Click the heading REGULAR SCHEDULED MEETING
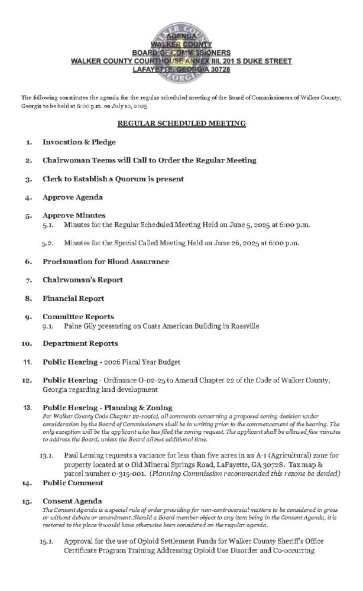[181, 123]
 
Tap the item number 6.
[28, 261]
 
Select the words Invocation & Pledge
[79, 142]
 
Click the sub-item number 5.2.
[48, 242]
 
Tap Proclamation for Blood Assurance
[106, 261]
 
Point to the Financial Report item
[73, 298]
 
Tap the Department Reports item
[80, 343]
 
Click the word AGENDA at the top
[181, 37]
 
